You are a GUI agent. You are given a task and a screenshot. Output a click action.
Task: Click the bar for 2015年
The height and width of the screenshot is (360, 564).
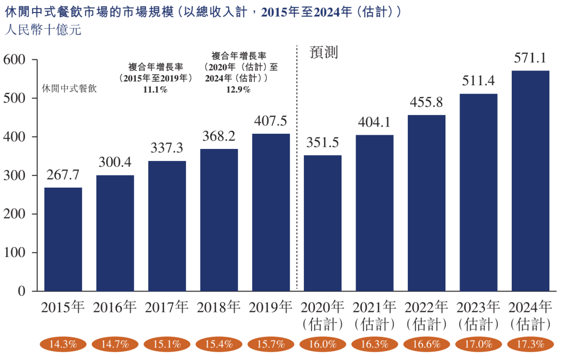pyautogui.click(x=63, y=239)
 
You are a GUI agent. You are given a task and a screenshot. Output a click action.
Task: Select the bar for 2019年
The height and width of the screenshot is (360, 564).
pyautogui.click(x=271, y=212)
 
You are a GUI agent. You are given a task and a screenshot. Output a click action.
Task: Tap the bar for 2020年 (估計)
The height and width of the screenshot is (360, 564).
pyautogui.click(x=323, y=223)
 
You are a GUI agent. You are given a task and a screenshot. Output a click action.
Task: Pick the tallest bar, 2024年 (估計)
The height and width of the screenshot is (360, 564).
pyautogui.click(x=530, y=181)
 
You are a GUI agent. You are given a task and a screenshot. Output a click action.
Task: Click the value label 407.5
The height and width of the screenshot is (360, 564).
pyautogui.click(x=271, y=121)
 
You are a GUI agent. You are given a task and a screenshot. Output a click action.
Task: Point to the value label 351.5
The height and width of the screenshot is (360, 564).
pyautogui.click(x=323, y=143)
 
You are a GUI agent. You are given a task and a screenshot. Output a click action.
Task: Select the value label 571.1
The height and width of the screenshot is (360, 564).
pyautogui.click(x=530, y=59)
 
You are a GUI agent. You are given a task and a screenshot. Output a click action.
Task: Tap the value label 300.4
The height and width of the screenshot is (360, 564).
pyautogui.click(x=115, y=163)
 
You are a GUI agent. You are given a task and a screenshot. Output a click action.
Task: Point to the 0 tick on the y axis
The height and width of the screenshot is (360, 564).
pyautogui.click(x=22, y=291)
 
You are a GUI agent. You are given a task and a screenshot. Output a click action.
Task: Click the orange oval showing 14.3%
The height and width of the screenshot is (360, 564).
pyautogui.click(x=63, y=344)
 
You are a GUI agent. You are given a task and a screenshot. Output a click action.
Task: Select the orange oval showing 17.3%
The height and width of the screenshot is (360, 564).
pyautogui.click(x=530, y=344)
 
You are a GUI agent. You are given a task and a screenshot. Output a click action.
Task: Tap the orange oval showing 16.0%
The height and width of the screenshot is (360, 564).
pyautogui.click(x=323, y=344)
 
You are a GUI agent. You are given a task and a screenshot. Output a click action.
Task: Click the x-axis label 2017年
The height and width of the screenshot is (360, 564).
pyautogui.click(x=167, y=307)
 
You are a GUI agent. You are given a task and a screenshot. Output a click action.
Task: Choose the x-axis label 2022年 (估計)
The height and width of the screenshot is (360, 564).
pyautogui.click(x=426, y=316)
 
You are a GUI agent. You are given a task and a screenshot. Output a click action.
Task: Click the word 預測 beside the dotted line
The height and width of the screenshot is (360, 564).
pyautogui.click(x=324, y=52)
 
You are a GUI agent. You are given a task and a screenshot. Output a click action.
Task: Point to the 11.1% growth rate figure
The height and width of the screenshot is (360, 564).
pyautogui.click(x=155, y=89)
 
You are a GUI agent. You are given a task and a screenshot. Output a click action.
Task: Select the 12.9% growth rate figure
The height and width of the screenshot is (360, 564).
pyautogui.click(x=238, y=89)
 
